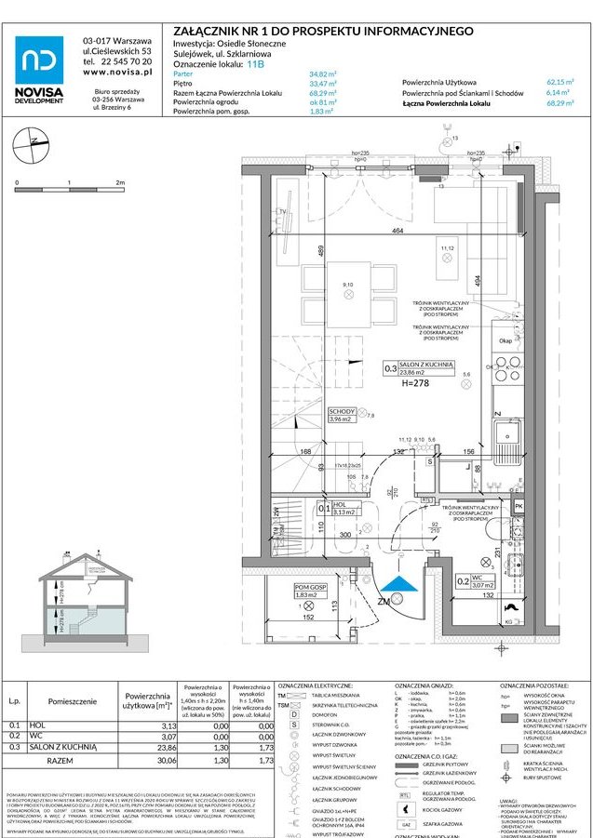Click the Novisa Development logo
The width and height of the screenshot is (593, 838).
[x=40, y=70]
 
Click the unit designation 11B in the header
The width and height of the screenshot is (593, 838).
[x=256, y=64]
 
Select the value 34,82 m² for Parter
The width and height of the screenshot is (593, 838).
[x=322, y=73]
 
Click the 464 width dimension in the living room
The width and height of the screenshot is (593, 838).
[x=398, y=230]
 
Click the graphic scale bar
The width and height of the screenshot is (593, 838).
[x=69, y=190]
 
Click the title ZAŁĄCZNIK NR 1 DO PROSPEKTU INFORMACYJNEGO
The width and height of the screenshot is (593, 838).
[x=323, y=31]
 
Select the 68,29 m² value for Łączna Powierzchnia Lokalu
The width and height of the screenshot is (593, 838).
[x=558, y=104]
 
